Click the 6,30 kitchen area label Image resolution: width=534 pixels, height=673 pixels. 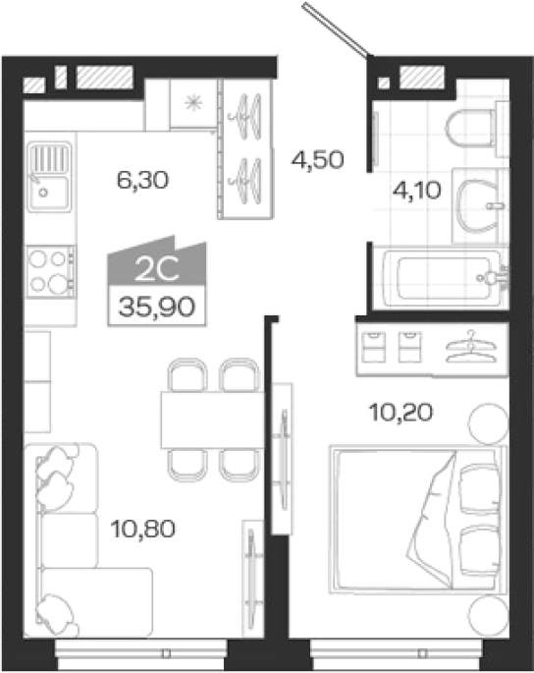click(x=142, y=180)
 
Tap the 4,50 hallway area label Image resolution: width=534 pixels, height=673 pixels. click(x=317, y=160)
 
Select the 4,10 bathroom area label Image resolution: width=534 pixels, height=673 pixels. click(x=416, y=191)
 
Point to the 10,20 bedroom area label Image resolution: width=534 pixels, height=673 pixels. click(x=401, y=413)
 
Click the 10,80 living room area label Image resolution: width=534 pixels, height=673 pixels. click(x=143, y=529)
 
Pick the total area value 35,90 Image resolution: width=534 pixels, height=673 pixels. click(x=157, y=307)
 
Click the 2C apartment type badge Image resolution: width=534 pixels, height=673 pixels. click(x=157, y=271)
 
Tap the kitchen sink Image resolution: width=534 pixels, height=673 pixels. click(x=49, y=177)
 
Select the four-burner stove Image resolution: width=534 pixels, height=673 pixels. click(x=51, y=271)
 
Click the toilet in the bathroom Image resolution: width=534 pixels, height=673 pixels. click(x=477, y=128)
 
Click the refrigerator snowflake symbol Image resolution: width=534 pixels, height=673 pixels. click(x=193, y=103)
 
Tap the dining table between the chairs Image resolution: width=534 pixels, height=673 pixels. click(x=212, y=420)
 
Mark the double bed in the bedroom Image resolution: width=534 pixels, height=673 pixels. click(x=418, y=520)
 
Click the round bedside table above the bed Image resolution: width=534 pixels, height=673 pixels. click(x=488, y=424)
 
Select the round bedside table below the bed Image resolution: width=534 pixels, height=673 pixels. click(x=488, y=616)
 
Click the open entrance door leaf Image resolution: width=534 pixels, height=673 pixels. click(x=337, y=29)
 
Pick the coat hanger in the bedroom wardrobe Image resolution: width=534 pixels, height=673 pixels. click(x=471, y=347)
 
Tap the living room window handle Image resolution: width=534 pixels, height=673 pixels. click(x=167, y=654)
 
